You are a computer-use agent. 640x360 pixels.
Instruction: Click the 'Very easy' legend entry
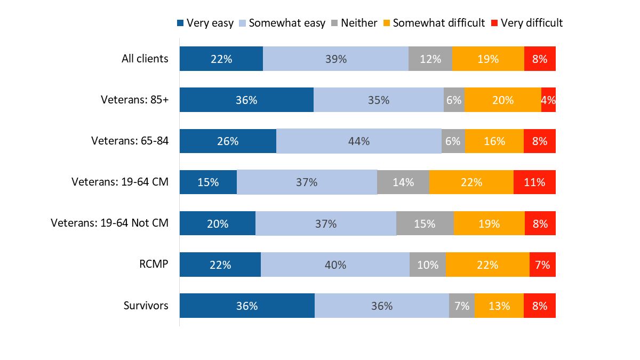(205, 23)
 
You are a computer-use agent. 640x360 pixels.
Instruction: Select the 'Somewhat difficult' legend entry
(434, 23)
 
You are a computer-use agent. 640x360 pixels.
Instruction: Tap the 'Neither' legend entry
(354, 23)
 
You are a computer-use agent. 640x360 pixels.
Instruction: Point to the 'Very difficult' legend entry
(526, 23)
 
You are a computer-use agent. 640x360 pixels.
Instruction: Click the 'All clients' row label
(145, 59)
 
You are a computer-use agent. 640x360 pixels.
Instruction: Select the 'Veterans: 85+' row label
(134, 100)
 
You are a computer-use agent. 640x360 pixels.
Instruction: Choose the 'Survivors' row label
(146, 306)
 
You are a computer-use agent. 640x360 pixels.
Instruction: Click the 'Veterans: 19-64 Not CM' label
(109, 223)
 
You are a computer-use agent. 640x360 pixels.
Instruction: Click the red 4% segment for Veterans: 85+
(548, 100)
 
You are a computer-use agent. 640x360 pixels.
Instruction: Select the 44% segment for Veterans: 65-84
(358, 141)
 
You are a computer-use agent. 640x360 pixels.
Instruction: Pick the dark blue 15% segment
(208, 182)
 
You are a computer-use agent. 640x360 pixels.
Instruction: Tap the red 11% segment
(534, 182)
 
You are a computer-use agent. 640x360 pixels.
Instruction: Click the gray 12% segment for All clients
(430, 59)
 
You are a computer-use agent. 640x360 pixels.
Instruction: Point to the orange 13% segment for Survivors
(499, 306)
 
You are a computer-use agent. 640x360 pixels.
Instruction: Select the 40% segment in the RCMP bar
(335, 265)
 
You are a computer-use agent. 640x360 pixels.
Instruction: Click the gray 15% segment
(425, 223)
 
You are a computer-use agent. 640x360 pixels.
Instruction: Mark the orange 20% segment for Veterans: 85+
(502, 100)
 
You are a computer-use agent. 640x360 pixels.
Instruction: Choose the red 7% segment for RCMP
(542, 265)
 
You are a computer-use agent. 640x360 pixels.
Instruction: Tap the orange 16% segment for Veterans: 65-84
(494, 141)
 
